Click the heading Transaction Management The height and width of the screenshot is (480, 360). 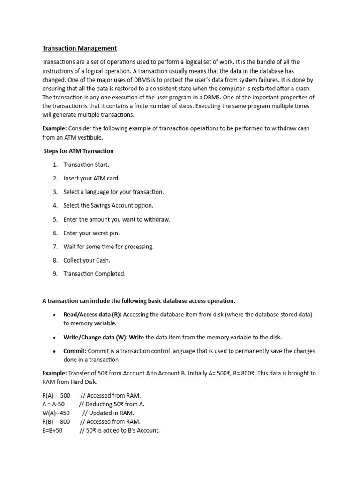click(79, 48)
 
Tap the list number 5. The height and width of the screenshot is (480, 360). click(55, 219)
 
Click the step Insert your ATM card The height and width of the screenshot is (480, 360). click(91, 178)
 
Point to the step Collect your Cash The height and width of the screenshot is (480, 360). click(87, 260)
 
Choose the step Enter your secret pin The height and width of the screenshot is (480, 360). click(91, 233)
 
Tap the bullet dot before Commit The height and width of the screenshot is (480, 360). click(55, 351)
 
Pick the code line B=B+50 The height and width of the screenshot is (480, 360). click(52, 430)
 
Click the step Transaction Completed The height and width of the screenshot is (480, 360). click(94, 274)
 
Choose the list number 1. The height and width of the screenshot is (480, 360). click(55, 165)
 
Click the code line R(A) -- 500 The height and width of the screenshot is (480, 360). click(56, 395)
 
